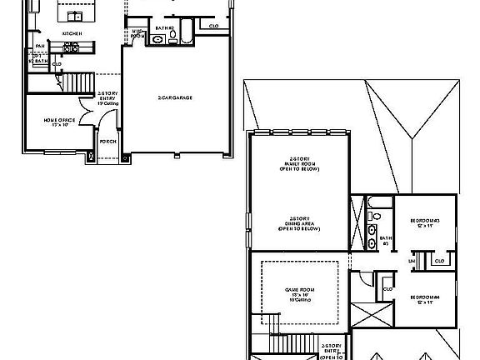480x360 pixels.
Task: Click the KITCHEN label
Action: (x=72, y=33)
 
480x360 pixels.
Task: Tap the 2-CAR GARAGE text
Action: (x=175, y=98)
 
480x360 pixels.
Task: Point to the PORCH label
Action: (x=108, y=142)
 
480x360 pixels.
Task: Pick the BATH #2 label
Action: (x=163, y=27)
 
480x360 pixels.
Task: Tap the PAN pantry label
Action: (x=39, y=47)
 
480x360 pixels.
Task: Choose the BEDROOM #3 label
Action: (x=425, y=222)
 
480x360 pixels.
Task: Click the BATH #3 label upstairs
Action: (x=385, y=240)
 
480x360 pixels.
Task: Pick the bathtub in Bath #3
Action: (x=375, y=203)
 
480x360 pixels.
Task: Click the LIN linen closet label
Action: (x=411, y=261)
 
